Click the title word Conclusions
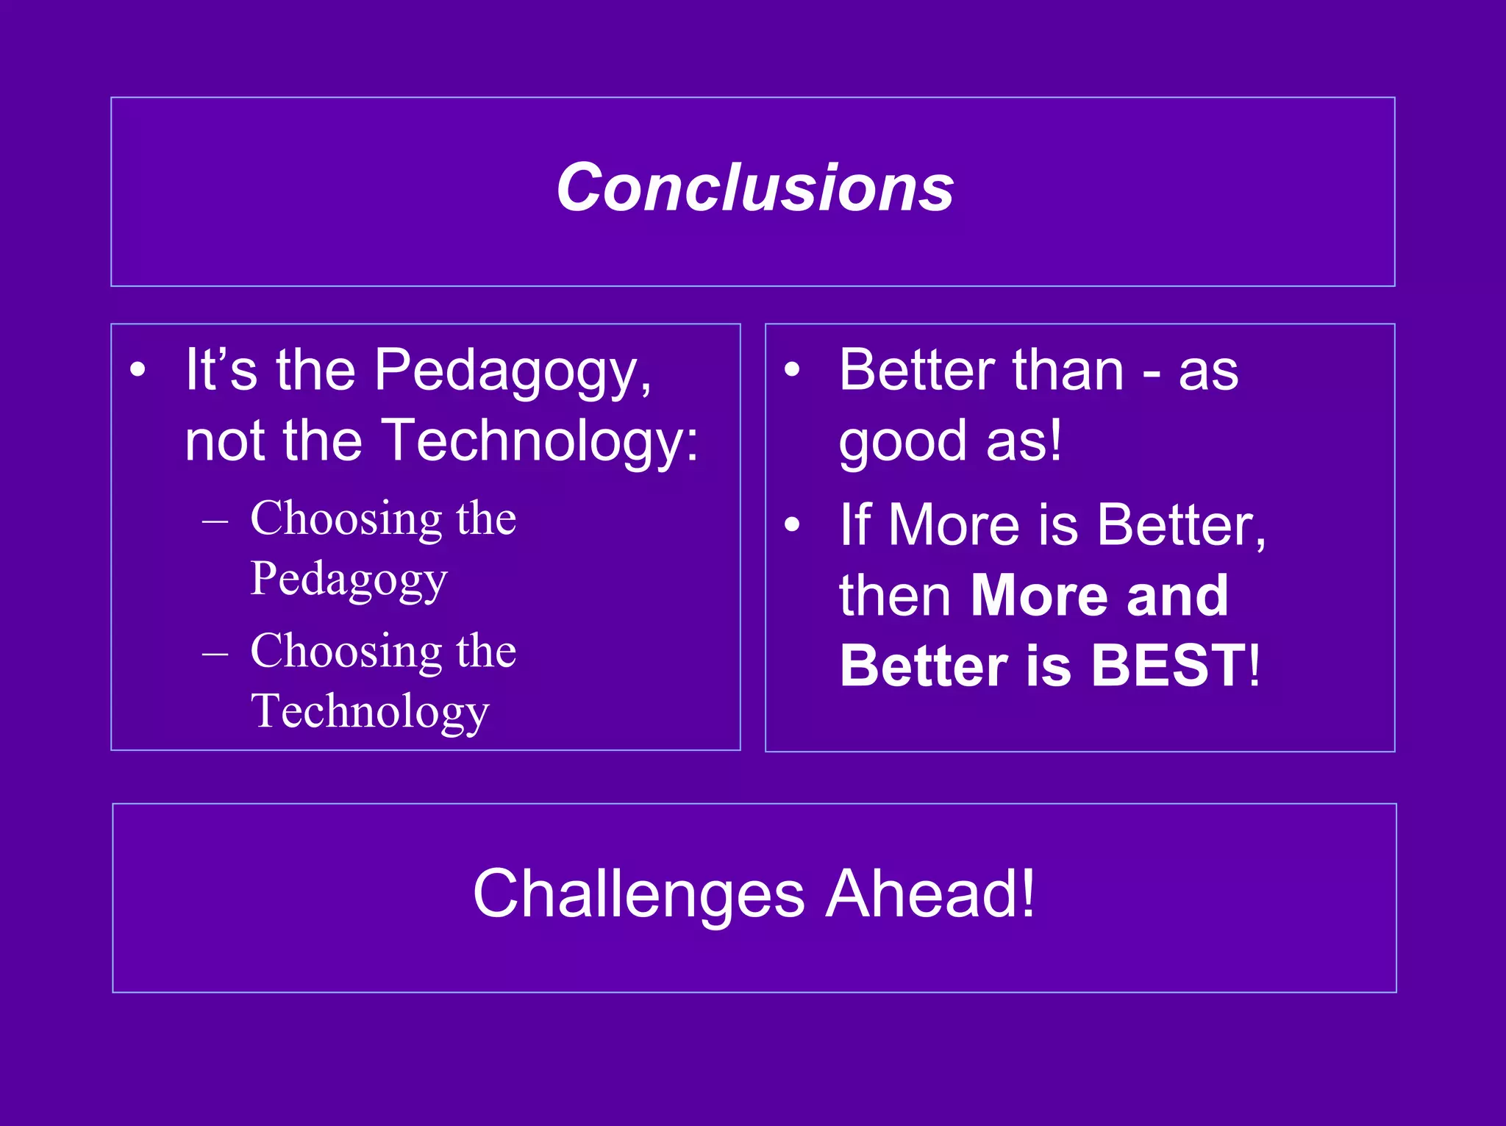coord(754,188)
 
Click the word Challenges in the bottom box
coord(638,894)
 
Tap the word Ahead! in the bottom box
coord(929,894)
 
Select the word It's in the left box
coord(221,370)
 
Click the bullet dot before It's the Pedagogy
coord(138,370)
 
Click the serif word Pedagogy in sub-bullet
coord(349,580)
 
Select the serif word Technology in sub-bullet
coord(369,712)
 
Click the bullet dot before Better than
coord(791,370)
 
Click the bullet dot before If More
coord(791,525)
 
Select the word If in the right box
coord(855,525)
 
